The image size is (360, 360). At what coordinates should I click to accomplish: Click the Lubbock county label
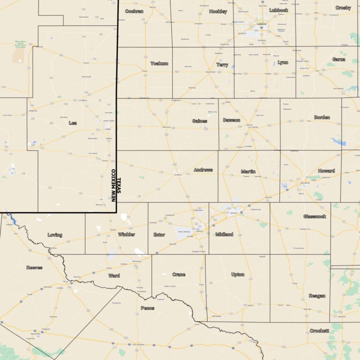tap(279, 10)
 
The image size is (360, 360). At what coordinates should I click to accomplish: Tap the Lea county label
tap(73, 123)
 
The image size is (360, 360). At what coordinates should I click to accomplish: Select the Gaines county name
tap(199, 121)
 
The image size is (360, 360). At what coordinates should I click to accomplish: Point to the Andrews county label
tap(203, 170)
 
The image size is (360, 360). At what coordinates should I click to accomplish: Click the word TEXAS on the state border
tap(119, 189)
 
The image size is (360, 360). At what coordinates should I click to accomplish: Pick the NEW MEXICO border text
tap(113, 185)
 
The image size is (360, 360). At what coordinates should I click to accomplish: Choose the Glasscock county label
tap(314, 216)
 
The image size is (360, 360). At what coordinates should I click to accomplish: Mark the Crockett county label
tap(319, 330)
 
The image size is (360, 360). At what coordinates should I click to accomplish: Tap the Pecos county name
tap(147, 308)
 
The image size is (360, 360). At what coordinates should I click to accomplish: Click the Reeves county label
tap(34, 268)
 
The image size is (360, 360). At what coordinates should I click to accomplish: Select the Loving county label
tap(55, 235)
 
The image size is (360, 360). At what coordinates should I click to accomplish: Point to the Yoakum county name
tap(159, 63)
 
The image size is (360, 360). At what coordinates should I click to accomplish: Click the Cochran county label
tap(134, 11)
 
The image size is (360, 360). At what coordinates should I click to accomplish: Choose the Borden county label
tap(322, 117)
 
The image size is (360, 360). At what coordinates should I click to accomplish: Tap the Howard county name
tap(326, 171)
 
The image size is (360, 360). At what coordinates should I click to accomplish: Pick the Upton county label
tap(238, 274)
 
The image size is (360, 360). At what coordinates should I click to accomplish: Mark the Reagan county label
tap(317, 296)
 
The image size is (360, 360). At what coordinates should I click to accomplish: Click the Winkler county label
tap(127, 234)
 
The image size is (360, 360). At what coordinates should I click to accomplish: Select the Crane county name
tap(179, 274)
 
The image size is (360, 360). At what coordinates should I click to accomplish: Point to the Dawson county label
tap(232, 120)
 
